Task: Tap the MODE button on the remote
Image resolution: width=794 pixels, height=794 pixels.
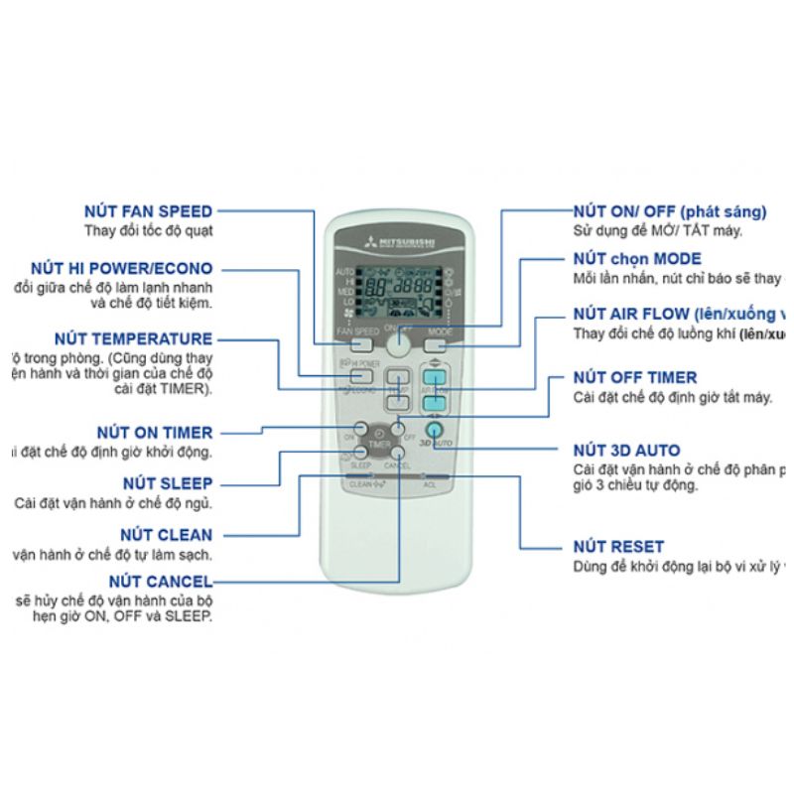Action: [x=438, y=345]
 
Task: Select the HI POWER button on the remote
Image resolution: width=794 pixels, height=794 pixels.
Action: [x=358, y=375]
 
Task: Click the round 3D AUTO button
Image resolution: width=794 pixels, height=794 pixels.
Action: [x=434, y=431]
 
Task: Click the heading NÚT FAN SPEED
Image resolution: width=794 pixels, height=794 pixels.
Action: [x=149, y=210]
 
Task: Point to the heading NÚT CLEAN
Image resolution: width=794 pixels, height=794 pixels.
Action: [x=165, y=535]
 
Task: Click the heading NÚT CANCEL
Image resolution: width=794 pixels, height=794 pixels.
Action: [x=161, y=581]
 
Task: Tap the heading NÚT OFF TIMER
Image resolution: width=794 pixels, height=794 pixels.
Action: [x=635, y=377]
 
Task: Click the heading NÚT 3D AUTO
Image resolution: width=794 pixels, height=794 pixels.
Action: [x=628, y=449]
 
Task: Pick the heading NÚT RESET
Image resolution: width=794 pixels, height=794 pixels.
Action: [x=618, y=546]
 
